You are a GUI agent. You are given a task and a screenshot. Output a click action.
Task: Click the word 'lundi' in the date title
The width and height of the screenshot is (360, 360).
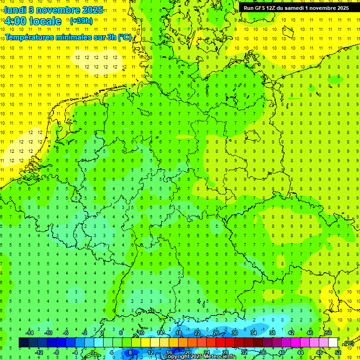point(15,9)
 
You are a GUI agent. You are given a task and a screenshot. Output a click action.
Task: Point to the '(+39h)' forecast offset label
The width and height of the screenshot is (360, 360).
point(81,21)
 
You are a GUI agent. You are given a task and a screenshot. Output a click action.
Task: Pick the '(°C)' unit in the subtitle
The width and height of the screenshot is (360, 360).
point(124,37)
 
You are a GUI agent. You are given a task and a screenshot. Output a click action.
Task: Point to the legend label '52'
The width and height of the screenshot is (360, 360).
point(338,352)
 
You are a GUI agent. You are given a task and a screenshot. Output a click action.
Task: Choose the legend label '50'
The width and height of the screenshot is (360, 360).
point(329,333)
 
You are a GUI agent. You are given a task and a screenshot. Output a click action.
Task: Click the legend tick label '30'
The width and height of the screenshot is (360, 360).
point(235,333)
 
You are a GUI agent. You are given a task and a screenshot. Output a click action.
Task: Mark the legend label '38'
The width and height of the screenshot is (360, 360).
point(272,333)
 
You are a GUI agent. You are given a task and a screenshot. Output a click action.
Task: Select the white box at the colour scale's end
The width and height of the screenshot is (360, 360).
point(333,342)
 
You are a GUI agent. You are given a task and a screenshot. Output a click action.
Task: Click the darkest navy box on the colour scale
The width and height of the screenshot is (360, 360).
point(23,342)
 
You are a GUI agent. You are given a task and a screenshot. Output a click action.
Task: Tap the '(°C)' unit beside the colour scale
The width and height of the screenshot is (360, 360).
point(349,343)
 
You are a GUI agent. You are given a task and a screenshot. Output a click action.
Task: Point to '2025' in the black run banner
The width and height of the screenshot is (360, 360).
point(340,8)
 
